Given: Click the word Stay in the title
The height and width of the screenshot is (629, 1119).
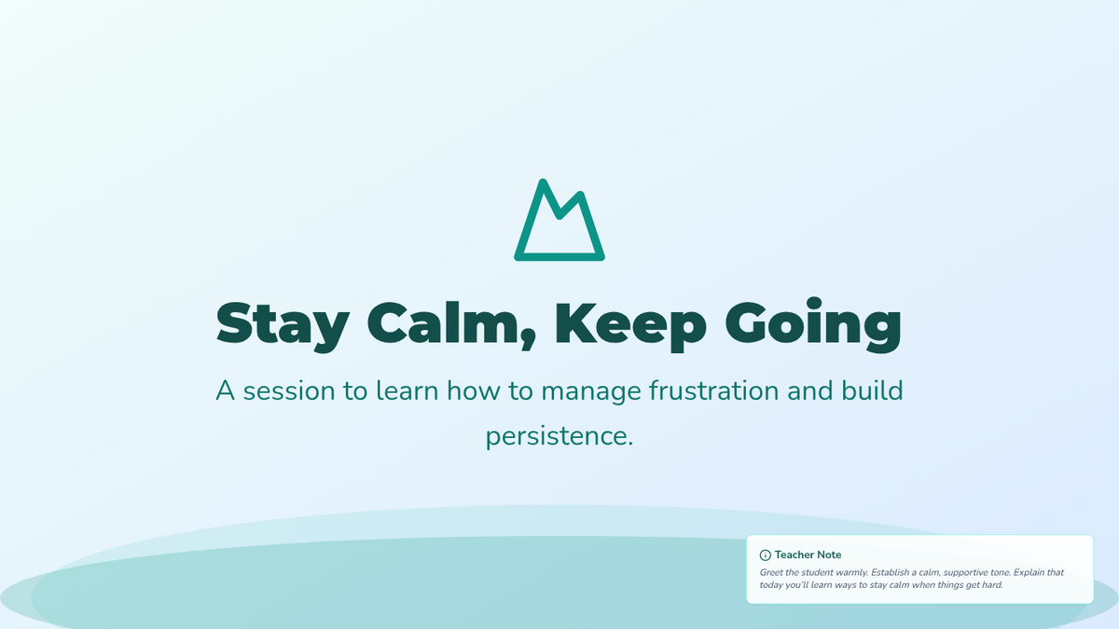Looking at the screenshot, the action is click(x=283, y=325).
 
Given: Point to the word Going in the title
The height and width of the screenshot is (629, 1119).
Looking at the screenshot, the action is click(x=814, y=325).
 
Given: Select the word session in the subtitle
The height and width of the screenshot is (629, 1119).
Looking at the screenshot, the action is click(x=289, y=390).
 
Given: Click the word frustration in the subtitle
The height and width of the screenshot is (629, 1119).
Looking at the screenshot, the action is click(x=714, y=390).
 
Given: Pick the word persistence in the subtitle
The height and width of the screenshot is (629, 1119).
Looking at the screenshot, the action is click(x=559, y=437).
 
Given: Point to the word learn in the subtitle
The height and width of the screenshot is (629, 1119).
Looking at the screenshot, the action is click(x=408, y=390).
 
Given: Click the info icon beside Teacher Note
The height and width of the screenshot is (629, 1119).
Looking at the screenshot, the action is click(x=765, y=555).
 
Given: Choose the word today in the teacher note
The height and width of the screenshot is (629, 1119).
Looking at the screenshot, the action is click(x=771, y=585).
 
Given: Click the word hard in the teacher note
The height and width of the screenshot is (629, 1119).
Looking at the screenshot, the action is click(x=992, y=584).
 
